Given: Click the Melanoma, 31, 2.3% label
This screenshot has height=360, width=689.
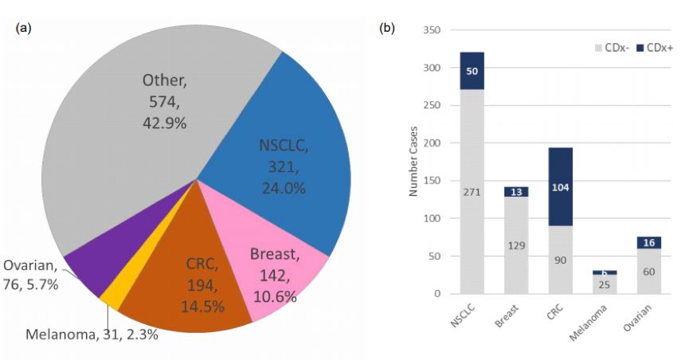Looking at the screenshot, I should click(x=92, y=335).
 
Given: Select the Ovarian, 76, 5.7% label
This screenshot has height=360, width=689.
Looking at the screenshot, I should click(x=31, y=275).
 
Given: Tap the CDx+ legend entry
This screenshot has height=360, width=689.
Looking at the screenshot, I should click(x=655, y=48).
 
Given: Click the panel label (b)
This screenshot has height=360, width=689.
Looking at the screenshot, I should click(x=386, y=28).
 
